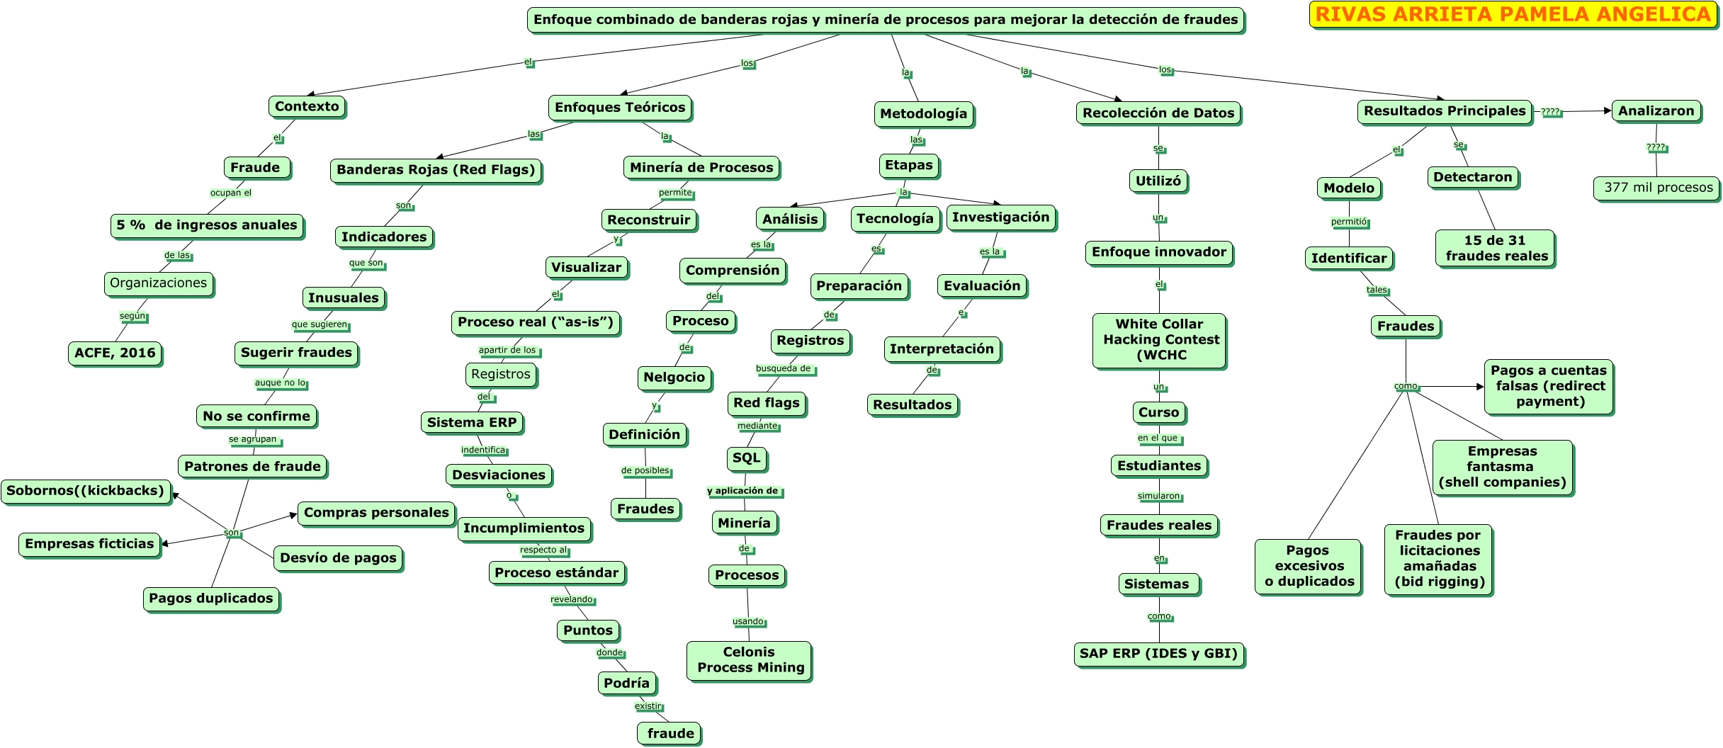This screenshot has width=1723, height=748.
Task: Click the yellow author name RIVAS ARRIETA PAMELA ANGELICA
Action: (1513, 15)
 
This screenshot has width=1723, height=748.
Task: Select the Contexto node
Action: (307, 107)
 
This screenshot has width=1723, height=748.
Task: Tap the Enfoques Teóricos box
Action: (621, 108)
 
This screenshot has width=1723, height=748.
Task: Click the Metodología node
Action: (924, 114)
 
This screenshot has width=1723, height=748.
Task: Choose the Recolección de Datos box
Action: (1158, 113)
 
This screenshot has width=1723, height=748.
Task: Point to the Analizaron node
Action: (1656, 111)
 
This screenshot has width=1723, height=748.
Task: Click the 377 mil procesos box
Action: (1658, 188)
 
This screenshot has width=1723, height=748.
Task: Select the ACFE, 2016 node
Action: (115, 353)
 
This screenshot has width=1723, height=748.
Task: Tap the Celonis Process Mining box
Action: (750, 661)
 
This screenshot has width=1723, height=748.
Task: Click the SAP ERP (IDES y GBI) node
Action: (1159, 654)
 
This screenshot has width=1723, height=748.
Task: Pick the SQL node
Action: (747, 459)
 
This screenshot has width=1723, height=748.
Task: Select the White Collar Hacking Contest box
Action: (1160, 341)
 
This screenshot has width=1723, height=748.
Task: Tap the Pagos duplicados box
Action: (211, 599)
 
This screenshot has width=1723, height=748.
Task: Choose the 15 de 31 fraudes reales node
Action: (1496, 249)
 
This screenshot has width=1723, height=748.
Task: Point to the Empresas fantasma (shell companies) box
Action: (1502, 467)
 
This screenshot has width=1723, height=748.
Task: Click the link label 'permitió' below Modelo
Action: (1350, 222)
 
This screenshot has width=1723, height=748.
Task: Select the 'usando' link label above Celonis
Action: (749, 622)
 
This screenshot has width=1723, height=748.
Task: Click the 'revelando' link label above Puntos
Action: (572, 600)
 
